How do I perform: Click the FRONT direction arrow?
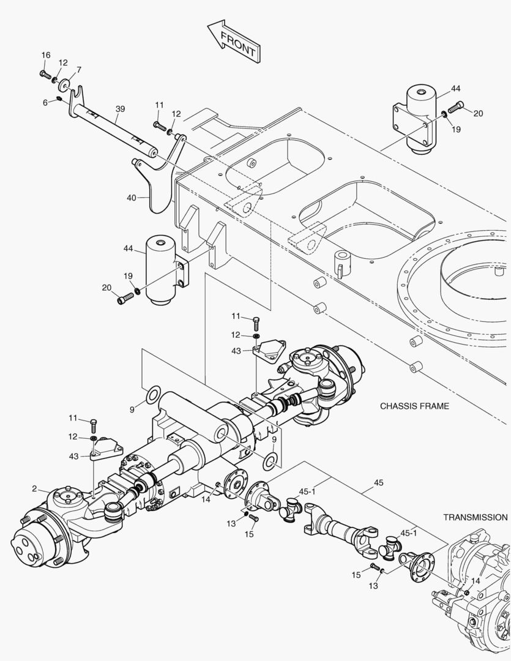pyautogui.click(x=233, y=41)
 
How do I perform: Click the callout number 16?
pyautogui.click(x=46, y=56)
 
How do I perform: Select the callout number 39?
pyautogui.click(x=120, y=109)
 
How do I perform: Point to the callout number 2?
pyautogui.click(x=35, y=488)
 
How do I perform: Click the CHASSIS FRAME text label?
pyautogui.click(x=414, y=406)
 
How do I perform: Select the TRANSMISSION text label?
pyautogui.click(x=475, y=517)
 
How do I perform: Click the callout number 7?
pyautogui.click(x=78, y=70)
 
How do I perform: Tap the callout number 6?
pyautogui.click(x=45, y=102)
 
